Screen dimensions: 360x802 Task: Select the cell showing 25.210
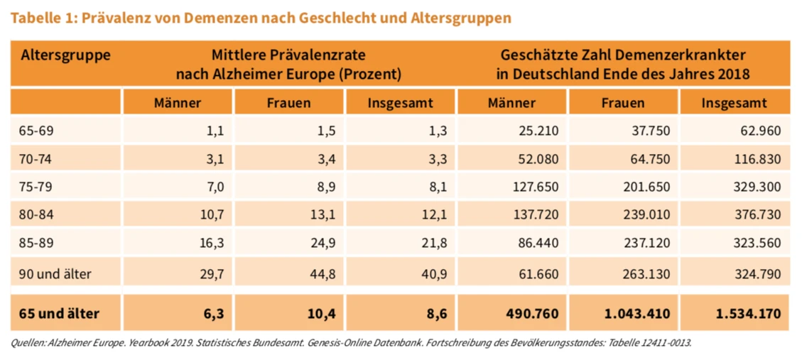(x=538, y=130)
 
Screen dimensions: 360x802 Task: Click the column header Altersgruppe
(x=65, y=55)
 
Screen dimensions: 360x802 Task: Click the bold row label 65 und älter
(x=60, y=313)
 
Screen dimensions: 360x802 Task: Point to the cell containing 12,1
(x=433, y=215)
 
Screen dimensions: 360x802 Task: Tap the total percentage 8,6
(x=434, y=313)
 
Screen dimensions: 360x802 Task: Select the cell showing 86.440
(x=538, y=244)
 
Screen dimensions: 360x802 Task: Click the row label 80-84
(x=36, y=215)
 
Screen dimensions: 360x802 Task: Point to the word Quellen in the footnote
(x=26, y=343)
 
